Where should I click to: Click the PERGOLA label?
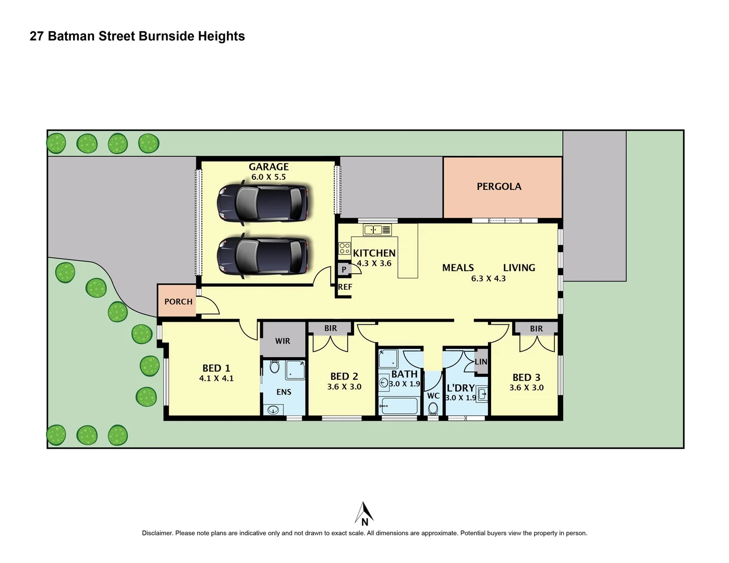point(499,187)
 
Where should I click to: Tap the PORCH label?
point(178,302)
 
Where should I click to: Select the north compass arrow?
point(364,514)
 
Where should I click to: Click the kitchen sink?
point(377,230)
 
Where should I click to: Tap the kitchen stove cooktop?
point(344,249)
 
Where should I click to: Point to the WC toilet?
point(433,409)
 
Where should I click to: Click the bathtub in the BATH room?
point(399,406)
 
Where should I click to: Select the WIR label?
point(283,341)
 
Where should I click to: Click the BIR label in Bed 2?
point(331,328)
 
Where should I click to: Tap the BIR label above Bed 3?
point(536,329)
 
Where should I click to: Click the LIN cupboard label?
point(481,362)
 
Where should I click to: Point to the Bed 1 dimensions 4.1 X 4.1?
point(216,378)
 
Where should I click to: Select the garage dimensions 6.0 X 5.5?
point(269,177)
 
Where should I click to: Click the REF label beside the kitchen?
point(345,287)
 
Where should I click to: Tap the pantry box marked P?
point(344,270)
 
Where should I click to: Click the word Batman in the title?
point(70,36)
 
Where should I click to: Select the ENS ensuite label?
point(284,392)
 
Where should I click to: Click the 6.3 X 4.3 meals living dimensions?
point(489,279)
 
